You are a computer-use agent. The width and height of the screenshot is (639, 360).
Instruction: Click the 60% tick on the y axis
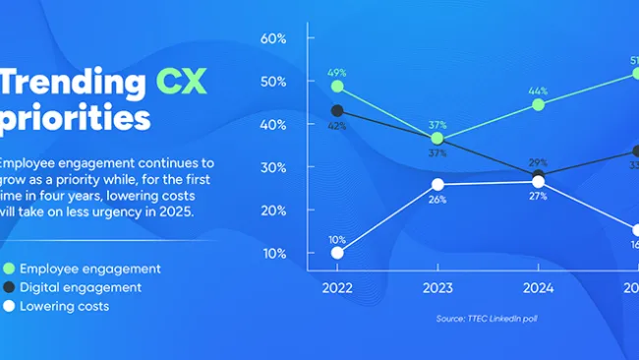(x=272, y=38)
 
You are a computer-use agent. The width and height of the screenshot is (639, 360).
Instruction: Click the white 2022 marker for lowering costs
(x=338, y=253)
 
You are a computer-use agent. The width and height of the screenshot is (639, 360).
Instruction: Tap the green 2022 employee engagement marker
(x=338, y=87)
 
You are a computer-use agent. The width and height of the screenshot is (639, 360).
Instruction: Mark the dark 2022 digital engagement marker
(x=338, y=111)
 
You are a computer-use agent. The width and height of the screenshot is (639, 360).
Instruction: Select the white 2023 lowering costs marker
(x=437, y=184)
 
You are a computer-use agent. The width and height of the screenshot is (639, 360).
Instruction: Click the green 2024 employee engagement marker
(x=538, y=104)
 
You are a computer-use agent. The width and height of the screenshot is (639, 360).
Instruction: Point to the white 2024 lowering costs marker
(x=538, y=181)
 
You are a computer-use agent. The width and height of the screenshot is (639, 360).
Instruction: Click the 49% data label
(x=338, y=71)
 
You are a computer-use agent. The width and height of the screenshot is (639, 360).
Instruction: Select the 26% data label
(x=437, y=200)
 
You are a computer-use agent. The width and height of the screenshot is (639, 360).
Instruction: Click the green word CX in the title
(x=179, y=82)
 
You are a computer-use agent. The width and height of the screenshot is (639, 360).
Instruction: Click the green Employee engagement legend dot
(x=9, y=269)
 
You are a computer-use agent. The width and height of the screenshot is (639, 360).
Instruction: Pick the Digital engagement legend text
(x=82, y=287)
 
